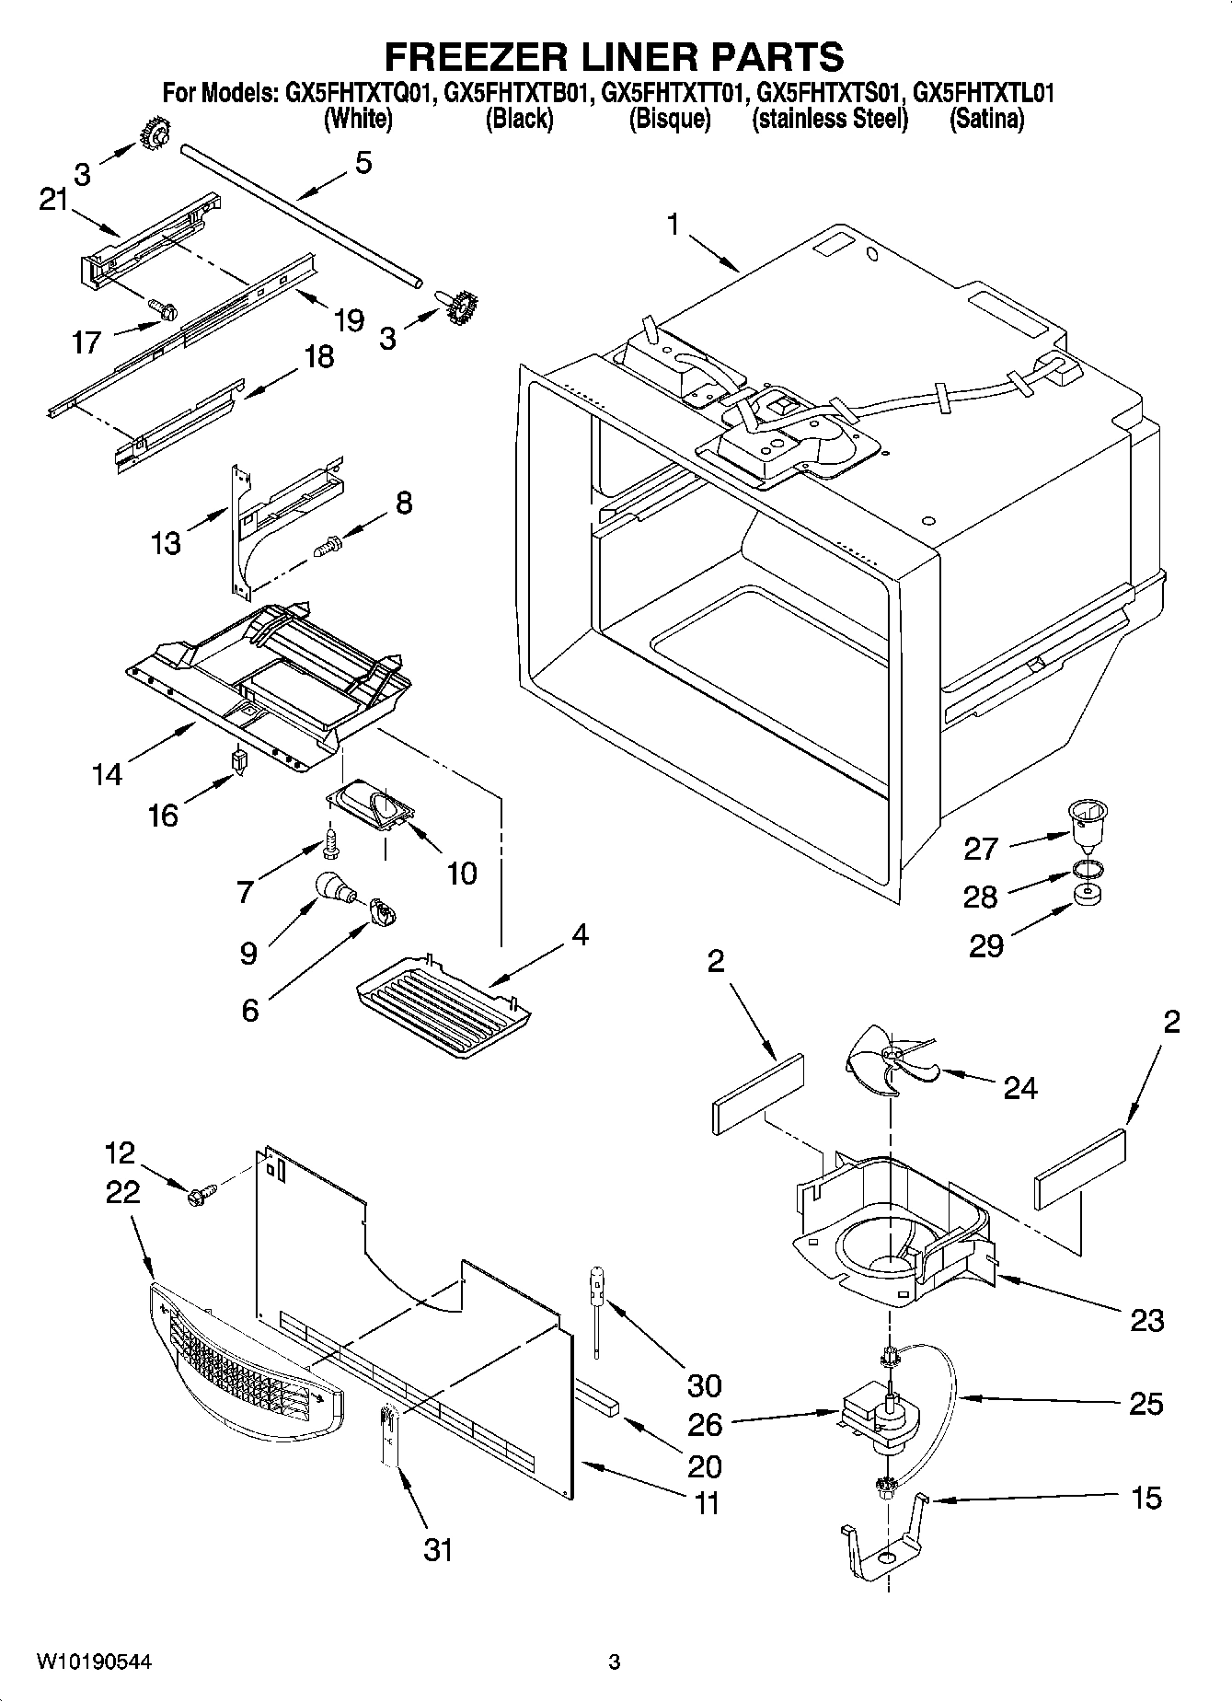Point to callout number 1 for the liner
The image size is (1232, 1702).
coord(674,225)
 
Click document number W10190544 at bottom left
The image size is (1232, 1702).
coord(94,1661)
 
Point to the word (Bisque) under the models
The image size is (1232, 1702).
coord(669,119)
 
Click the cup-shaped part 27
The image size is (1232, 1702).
coord(1087,822)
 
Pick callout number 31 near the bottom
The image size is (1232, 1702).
coord(438,1549)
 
